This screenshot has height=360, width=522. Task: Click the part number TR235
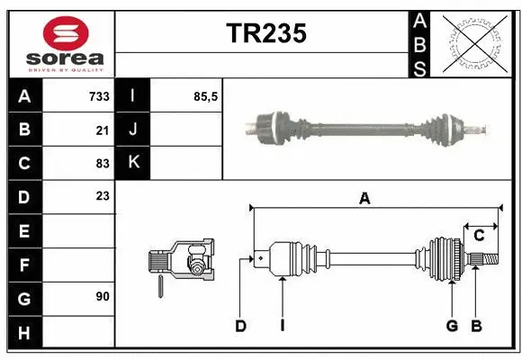click(x=265, y=33)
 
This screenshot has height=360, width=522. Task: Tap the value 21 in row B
click(x=103, y=130)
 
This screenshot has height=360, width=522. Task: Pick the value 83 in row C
click(x=103, y=163)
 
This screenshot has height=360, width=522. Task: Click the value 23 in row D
click(x=103, y=196)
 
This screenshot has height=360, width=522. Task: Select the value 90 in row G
click(x=103, y=296)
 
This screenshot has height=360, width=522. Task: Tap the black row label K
click(x=134, y=163)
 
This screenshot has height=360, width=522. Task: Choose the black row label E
click(x=24, y=230)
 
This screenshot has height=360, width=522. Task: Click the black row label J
click(x=134, y=130)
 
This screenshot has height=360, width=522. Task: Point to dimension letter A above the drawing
click(x=364, y=199)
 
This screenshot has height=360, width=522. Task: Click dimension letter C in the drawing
click(x=479, y=236)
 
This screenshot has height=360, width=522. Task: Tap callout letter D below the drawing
click(x=240, y=326)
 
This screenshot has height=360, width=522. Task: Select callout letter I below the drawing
click(x=282, y=326)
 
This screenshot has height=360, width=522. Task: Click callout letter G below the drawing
click(x=452, y=326)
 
